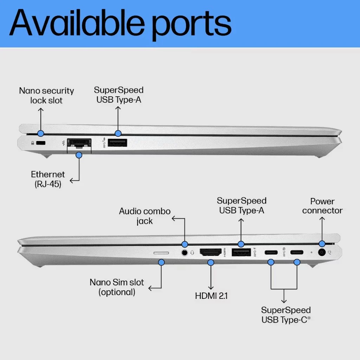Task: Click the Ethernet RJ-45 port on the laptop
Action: (x=79, y=143)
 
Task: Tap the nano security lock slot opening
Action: (x=41, y=143)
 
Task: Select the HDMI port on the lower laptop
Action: (x=211, y=252)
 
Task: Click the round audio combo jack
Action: (x=184, y=252)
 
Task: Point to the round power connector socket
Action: (x=322, y=252)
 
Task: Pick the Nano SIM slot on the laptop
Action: (x=161, y=253)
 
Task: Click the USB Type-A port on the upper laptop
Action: (x=117, y=143)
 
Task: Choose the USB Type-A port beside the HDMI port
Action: (x=241, y=252)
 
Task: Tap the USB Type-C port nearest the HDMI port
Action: (x=271, y=252)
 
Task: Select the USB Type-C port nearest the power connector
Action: (x=297, y=252)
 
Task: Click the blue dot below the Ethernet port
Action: (x=79, y=155)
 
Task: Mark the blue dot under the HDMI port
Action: (x=211, y=262)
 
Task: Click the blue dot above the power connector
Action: (x=322, y=244)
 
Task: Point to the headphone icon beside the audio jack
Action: (x=192, y=252)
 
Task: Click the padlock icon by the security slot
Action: (x=33, y=143)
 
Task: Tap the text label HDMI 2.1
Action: (x=211, y=296)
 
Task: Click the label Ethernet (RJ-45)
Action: (x=48, y=179)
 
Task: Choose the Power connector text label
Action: (x=322, y=206)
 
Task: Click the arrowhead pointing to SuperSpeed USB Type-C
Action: (x=284, y=301)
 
